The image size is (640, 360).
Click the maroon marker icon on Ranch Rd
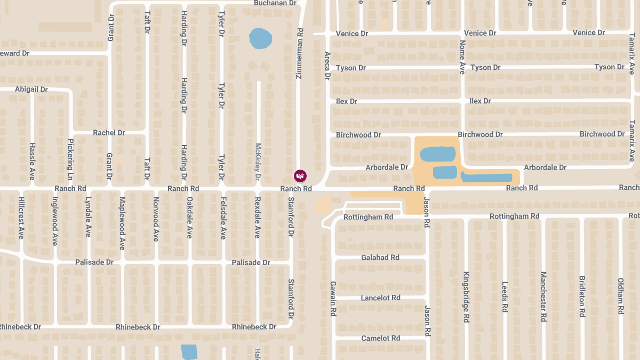click(x=301, y=175)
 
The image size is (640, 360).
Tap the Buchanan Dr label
click(x=275, y=3)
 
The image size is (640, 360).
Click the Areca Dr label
click(x=327, y=66)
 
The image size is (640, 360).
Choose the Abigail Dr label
click(x=31, y=89)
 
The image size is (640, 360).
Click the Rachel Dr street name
click(x=109, y=132)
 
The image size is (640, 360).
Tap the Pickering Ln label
click(x=70, y=159)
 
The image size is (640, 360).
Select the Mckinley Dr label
click(x=258, y=161)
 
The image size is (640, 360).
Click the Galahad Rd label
click(x=380, y=258)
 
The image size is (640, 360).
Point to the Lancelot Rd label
click(x=380, y=298)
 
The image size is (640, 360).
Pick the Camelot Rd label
click(x=380, y=338)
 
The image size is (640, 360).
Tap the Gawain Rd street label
click(x=332, y=299)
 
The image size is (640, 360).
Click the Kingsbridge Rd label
click(x=466, y=297)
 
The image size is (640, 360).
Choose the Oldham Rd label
click(x=620, y=297)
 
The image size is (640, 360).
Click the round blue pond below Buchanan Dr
click(x=260, y=38)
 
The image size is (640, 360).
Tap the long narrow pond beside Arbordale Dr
click(x=486, y=177)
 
